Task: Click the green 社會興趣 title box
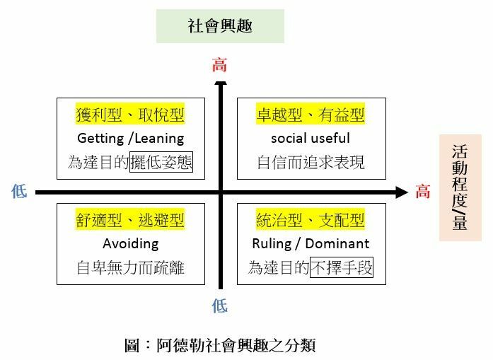[x=220, y=26]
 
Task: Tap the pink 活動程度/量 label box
[x=460, y=187]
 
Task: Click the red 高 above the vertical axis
[x=220, y=66]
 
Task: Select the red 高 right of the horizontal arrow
[x=423, y=192]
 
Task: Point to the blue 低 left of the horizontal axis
[x=19, y=192]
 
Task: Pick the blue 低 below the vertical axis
[x=220, y=306]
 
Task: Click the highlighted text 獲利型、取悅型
[x=130, y=115]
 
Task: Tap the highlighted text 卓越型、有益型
[x=311, y=115]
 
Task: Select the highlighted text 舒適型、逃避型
[x=130, y=220]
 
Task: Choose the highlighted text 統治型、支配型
[x=311, y=220]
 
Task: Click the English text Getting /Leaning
[x=130, y=138]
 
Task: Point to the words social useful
[x=311, y=138]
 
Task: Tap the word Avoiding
[x=130, y=243]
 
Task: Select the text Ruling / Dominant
[x=311, y=243]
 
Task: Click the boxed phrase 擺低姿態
[x=161, y=162]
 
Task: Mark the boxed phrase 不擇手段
[x=342, y=267]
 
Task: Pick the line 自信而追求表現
[x=311, y=162]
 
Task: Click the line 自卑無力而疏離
[x=130, y=267]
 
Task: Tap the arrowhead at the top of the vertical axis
[x=221, y=86]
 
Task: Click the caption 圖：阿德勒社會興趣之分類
[x=219, y=345]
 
